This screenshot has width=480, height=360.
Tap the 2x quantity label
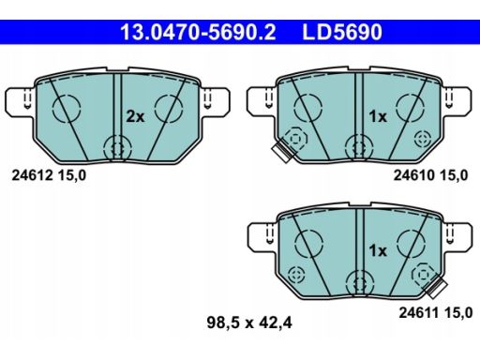coord(135,116)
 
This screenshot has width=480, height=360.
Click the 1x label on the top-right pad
coord(377,116)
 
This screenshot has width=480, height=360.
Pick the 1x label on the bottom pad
coord(377,250)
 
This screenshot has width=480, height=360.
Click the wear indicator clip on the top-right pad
coord(279,151)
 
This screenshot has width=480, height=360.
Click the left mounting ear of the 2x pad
coord(18,99)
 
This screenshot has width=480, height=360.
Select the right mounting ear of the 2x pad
coord(221,99)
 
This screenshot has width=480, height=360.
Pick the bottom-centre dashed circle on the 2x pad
coord(117,146)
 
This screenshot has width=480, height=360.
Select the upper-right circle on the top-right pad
coord(412,109)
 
